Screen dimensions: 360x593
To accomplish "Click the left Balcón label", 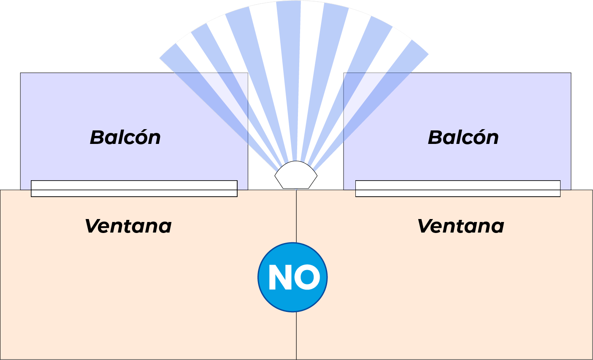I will [x=125, y=138].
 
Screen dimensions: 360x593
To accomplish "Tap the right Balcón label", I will [x=463, y=138].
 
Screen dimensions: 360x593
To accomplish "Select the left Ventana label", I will [x=128, y=226].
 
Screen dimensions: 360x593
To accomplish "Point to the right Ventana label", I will [x=460, y=226].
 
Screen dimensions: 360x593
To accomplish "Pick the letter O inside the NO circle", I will [x=307, y=277].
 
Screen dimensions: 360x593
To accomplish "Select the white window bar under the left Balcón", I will [x=134, y=189].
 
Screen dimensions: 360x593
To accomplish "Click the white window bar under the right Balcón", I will [x=458, y=189].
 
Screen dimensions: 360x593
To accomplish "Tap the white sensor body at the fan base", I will [x=296, y=175].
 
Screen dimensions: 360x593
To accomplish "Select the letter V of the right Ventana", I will [x=425, y=226].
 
